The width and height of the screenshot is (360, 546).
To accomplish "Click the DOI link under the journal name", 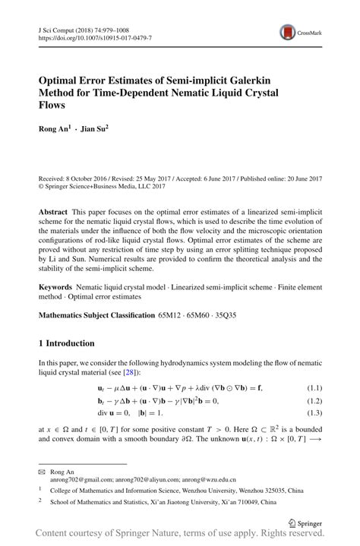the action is (94, 37).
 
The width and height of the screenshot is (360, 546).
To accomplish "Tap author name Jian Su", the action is (94, 129).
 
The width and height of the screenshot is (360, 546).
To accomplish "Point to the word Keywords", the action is (56, 289).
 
